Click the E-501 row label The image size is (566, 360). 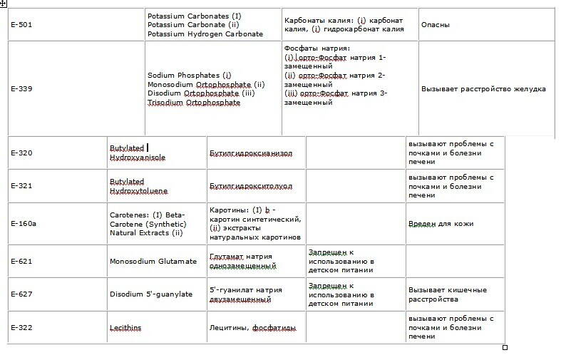click(x=21, y=25)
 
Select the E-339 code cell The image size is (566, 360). click(x=21, y=89)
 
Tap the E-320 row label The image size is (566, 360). click(x=21, y=153)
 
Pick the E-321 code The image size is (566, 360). click(x=21, y=186)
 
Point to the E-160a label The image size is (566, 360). click(x=24, y=224)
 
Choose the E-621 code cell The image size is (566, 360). click(x=21, y=261)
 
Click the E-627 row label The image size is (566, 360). click(x=21, y=294)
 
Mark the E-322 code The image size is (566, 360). click(x=21, y=328)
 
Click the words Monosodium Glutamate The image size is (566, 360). click(x=153, y=261)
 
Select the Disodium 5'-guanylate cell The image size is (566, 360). click(x=151, y=294)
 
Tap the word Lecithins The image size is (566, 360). click(x=125, y=328)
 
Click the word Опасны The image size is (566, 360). click(x=436, y=25)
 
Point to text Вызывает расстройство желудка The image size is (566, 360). click(x=483, y=89)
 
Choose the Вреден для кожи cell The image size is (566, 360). click(x=441, y=224)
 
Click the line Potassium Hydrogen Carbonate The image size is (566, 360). click(x=205, y=34)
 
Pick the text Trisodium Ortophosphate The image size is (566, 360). click(x=194, y=103)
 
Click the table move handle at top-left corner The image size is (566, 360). click(x=4, y=4)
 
